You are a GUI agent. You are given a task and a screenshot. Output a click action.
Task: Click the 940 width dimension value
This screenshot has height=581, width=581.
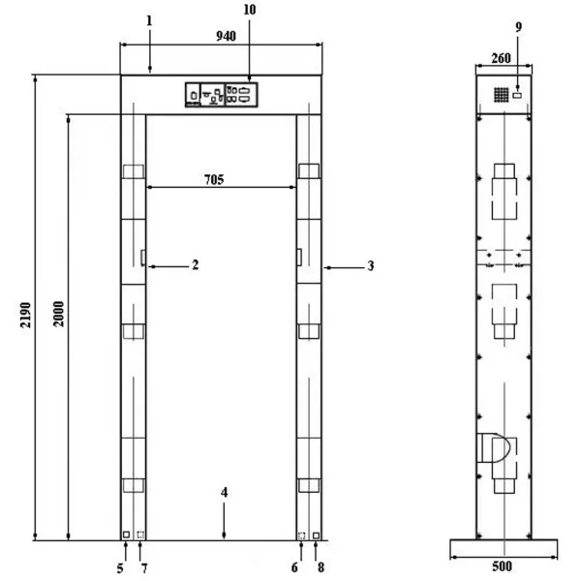click(226, 36)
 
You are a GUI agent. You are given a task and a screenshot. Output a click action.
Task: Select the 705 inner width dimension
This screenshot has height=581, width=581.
click(214, 180)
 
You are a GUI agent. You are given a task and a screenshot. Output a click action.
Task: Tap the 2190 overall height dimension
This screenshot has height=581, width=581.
click(25, 315)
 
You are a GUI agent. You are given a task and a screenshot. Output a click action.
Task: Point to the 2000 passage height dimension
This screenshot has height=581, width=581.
click(58, 314)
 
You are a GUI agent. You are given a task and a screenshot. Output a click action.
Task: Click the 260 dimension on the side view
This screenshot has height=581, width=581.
click(501, 58)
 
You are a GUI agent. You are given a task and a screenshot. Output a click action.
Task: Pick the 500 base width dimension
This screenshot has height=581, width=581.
click(502, 566)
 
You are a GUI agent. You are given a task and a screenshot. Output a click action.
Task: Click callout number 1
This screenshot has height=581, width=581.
click(149, 20)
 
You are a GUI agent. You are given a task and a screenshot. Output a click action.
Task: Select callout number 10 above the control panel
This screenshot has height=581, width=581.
click(250, 10)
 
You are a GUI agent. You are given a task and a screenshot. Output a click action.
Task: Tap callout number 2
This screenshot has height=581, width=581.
click(195, 264)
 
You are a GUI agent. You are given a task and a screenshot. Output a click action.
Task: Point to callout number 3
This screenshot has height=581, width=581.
click(371, 265)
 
